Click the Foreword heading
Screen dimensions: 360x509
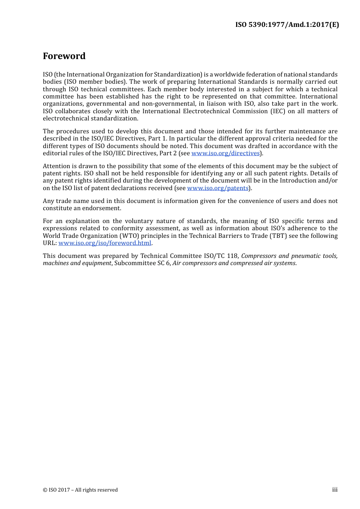coord(64,56)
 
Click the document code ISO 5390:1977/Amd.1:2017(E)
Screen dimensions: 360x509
coord(287,25)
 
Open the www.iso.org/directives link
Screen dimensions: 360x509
coord(225,153)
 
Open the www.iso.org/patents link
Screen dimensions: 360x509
coord(218,188)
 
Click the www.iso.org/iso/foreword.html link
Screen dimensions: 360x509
coord(105,243)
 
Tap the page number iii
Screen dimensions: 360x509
coord(335,490)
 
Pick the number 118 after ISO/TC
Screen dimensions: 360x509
coord(232,256)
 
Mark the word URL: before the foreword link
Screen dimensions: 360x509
coord(50,243)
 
